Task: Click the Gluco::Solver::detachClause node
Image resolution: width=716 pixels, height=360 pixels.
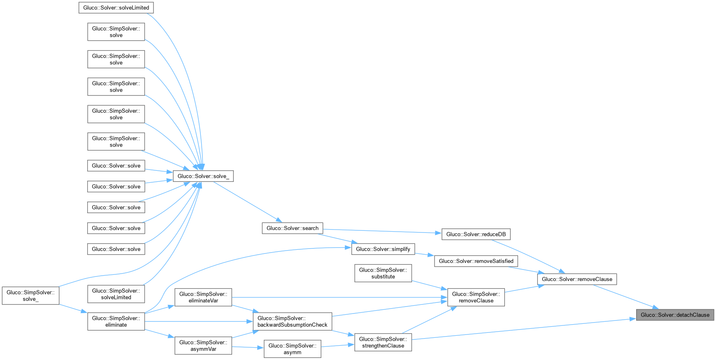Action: click(x=675, y=315)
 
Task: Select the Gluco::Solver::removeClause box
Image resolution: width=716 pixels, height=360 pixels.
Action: click(x=577, y=279)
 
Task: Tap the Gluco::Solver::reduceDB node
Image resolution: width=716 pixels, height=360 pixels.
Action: click(x=476, y=235)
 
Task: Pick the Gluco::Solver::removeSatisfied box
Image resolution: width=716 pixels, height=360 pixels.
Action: click(x=476, y=261)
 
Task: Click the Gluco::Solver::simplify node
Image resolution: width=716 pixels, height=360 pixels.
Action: click(x=383, y=249)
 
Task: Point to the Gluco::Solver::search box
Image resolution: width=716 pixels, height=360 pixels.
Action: click(x=293, y=228)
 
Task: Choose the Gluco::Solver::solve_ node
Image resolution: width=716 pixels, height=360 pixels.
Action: click(x=203, y=176)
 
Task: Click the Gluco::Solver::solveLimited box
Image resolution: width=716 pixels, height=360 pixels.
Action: click(x=116, y=8)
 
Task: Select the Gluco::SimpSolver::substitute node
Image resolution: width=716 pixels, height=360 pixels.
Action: click(x=383, y=273)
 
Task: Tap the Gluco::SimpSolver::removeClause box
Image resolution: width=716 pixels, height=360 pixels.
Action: click(x=476, y=297)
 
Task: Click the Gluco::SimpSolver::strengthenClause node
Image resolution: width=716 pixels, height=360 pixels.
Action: click(x=383, y=342)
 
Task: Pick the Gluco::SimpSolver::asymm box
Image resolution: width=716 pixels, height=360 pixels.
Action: click(x=293, y=349)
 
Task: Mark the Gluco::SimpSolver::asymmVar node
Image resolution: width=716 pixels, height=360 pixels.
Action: click(x=203, y=346)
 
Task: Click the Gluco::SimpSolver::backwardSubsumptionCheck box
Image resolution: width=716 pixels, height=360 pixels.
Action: click(x=293, y=321)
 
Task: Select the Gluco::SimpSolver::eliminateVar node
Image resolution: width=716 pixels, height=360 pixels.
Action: click(x=203, y=297)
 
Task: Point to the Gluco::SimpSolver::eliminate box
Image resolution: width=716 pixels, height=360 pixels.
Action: click(x=116, y=321)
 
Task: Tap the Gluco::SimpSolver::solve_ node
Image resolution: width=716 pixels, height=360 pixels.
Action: click(x=31, y=295)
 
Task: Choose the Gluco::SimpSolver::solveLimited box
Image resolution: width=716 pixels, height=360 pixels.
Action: click(x=116, y=294)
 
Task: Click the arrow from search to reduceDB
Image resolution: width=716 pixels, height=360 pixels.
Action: click(x=382, y=231)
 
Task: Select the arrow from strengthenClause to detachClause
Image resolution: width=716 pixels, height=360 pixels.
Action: click(x=524, y=329)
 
